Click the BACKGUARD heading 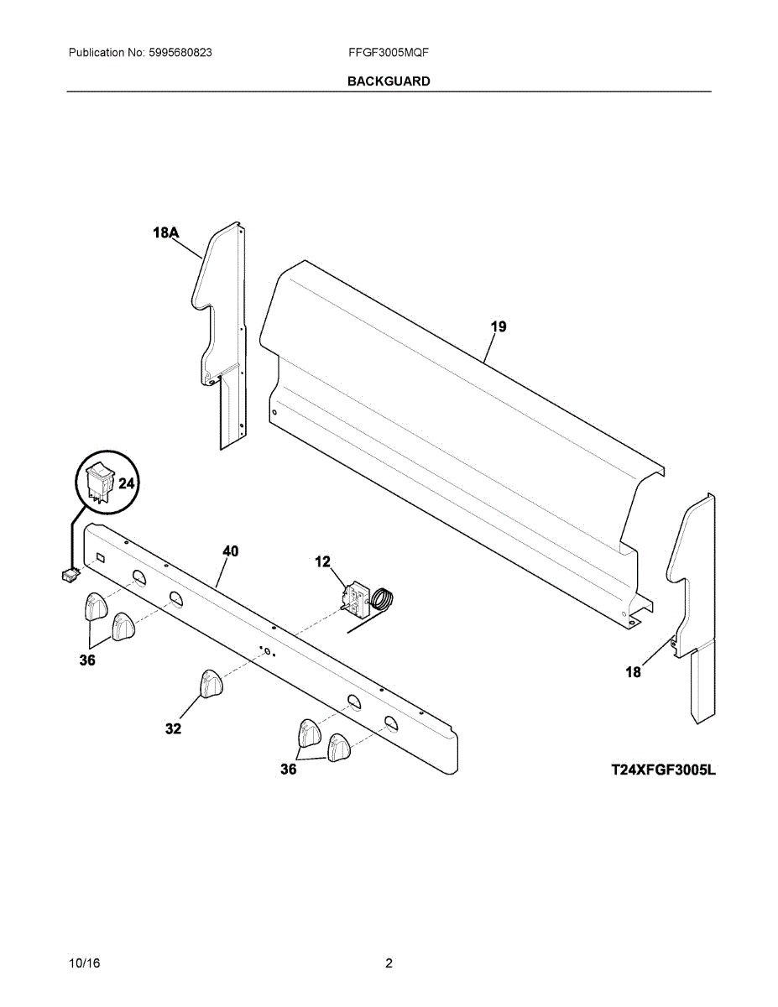(389, 81)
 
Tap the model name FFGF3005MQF (389, 52)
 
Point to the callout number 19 (498, 326)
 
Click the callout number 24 (126, 483)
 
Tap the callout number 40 (230, 551)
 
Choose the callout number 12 (323, 561)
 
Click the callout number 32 (173, 729)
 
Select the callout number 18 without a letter (634, 672)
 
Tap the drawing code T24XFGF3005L (663, 769)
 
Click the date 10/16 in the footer (84, 963)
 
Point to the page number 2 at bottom (389, 963)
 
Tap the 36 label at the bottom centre (288, 769)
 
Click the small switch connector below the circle (69, 575)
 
